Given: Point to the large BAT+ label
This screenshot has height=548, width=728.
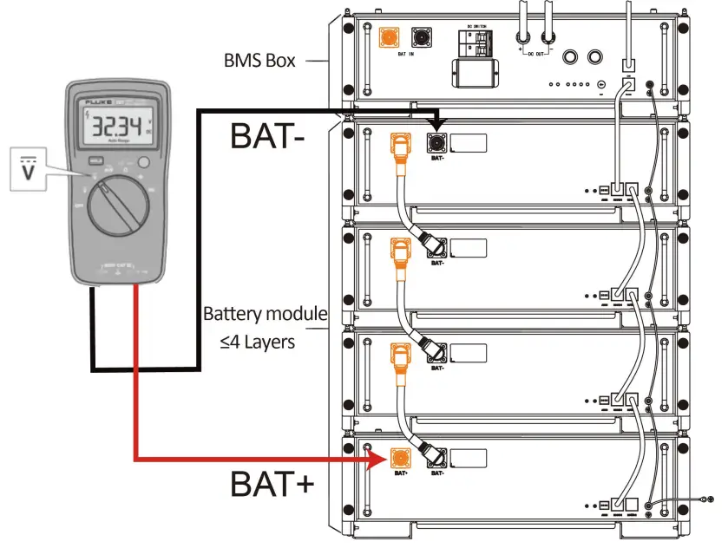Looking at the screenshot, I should [x=272, y=484].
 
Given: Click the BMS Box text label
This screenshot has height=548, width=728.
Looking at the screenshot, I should [x=261, y=61].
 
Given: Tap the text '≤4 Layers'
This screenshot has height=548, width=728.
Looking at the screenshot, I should [x=258, y=342].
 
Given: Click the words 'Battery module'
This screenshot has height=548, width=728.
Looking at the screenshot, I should [x=265, y=314].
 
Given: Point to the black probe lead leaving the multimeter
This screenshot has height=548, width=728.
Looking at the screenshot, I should [x=93, y=329].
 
